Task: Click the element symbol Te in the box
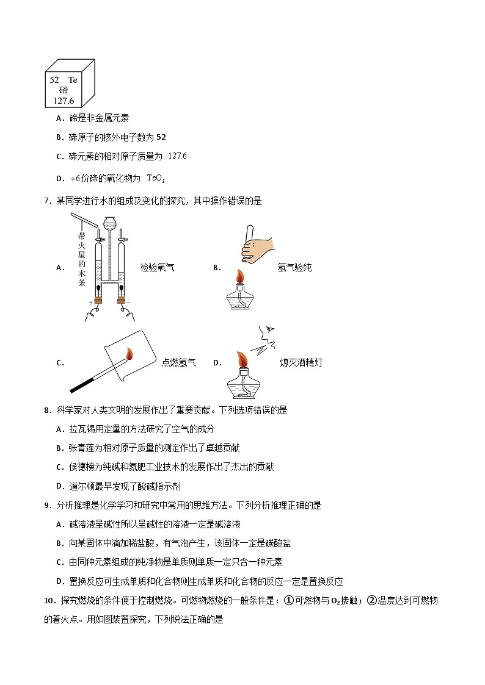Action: click(x=73, y=80)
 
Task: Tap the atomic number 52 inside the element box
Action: click(x=54, y=80)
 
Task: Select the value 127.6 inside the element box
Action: click(x=63, y=101)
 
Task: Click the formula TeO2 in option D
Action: click(x=156, y=178)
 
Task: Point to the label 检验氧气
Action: click(x=157, y=267)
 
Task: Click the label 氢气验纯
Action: click(x=294, y=267)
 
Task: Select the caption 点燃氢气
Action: click(x=178, y=362)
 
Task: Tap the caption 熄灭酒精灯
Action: click(x=301, y=362)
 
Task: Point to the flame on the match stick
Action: click(x=129, y=354)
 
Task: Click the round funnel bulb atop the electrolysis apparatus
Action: click(x=109, y=223)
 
